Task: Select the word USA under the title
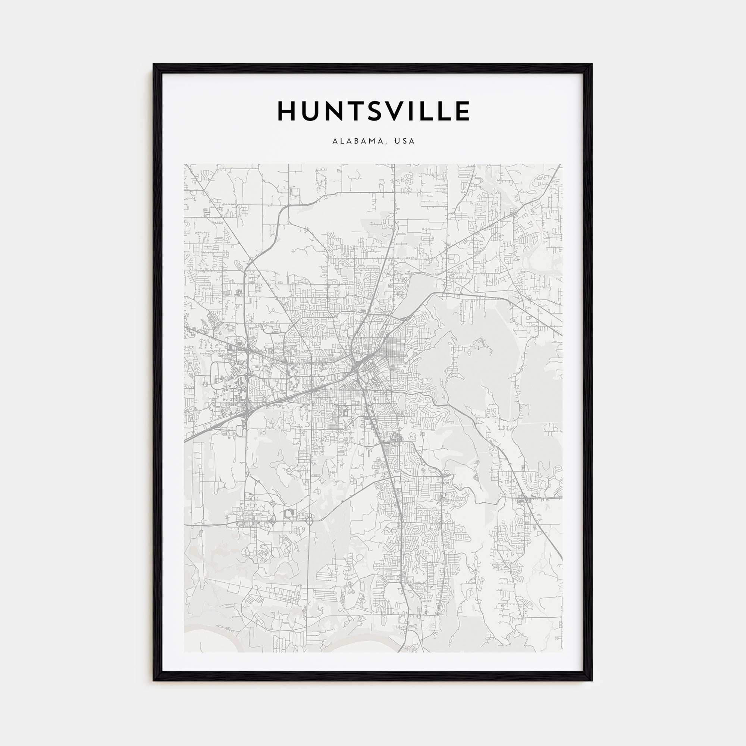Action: click(405, 141)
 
